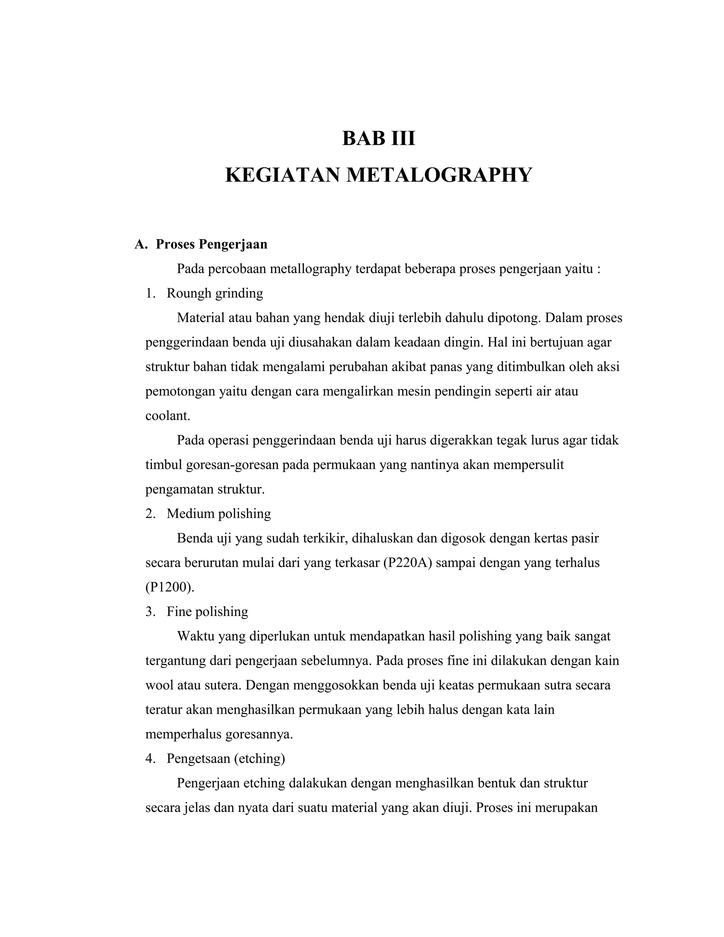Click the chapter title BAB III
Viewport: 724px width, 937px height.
click(378, 139)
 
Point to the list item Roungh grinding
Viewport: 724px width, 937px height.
click(215, 293)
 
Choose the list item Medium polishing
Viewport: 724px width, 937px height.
click(218, 513)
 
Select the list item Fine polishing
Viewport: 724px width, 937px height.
click(207, 611)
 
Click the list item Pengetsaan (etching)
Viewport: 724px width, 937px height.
click(226, 758)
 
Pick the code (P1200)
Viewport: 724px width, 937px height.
click(170, 587)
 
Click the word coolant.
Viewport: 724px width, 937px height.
click(167, 416)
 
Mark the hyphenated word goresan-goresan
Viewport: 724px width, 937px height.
click(233, 465)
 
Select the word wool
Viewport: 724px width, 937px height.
click(159, 685)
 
